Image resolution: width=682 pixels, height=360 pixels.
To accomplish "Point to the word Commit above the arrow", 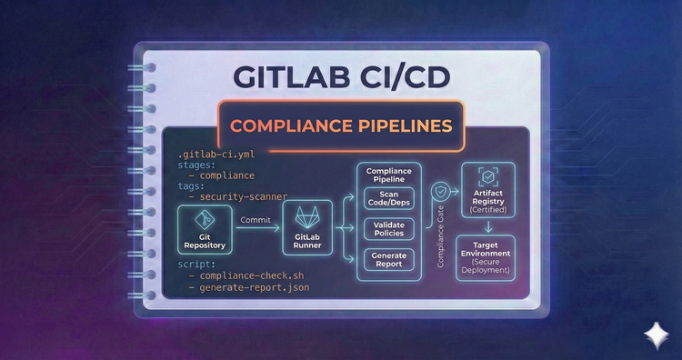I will (256, 219).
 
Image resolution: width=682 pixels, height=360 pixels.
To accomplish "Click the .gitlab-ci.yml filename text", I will (216, 155).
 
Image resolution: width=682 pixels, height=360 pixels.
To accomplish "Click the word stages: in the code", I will (199, 167).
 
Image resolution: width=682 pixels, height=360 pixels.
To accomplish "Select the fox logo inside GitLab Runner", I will (312, 219).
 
